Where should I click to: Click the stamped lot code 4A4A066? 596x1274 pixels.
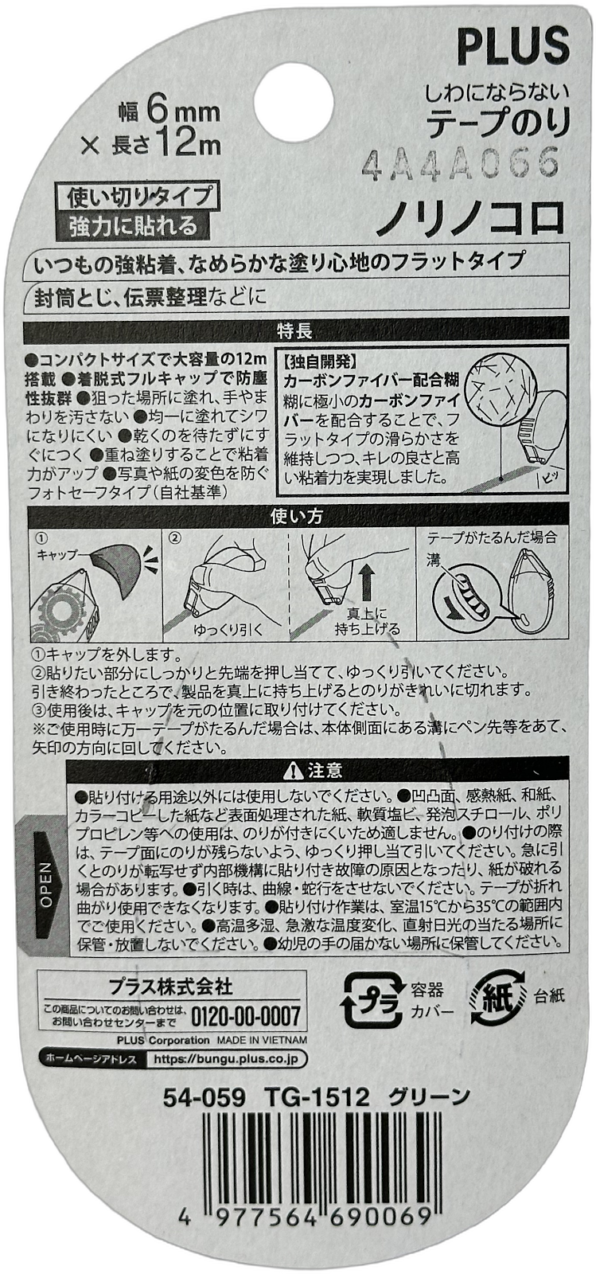[460, 164]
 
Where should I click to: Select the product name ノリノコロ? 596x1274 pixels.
[471, 220]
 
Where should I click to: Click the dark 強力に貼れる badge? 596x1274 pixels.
[133, 226]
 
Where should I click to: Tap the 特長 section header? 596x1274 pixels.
[295, 330]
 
